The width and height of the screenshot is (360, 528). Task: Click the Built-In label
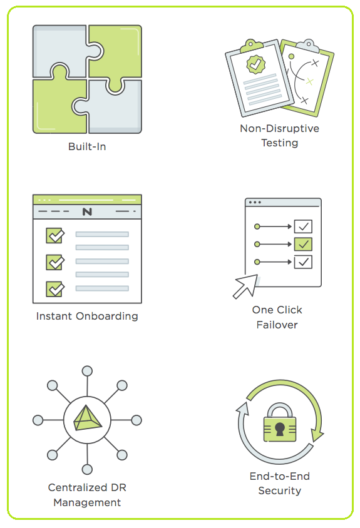87,146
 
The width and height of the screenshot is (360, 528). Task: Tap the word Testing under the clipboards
279,143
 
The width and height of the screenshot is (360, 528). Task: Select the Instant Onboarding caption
87,316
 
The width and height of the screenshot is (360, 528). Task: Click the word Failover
277,325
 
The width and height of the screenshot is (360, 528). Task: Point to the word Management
87,502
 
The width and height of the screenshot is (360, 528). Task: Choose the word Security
279,490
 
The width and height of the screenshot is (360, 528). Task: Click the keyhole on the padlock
280,429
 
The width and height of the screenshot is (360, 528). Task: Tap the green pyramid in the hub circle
87,418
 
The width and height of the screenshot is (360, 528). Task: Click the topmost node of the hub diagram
87,371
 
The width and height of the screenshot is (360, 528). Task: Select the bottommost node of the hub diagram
87,469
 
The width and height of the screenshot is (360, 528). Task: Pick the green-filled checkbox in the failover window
303,244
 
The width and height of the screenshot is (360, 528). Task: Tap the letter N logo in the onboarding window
87,211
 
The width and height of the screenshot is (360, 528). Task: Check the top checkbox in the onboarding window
55,235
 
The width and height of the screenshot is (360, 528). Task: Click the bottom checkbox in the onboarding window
55,289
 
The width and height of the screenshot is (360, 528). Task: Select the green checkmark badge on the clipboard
256,64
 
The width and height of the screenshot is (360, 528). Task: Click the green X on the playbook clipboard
309,81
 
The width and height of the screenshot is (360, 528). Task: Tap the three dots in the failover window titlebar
255,202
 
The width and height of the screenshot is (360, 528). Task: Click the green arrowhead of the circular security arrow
317,435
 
